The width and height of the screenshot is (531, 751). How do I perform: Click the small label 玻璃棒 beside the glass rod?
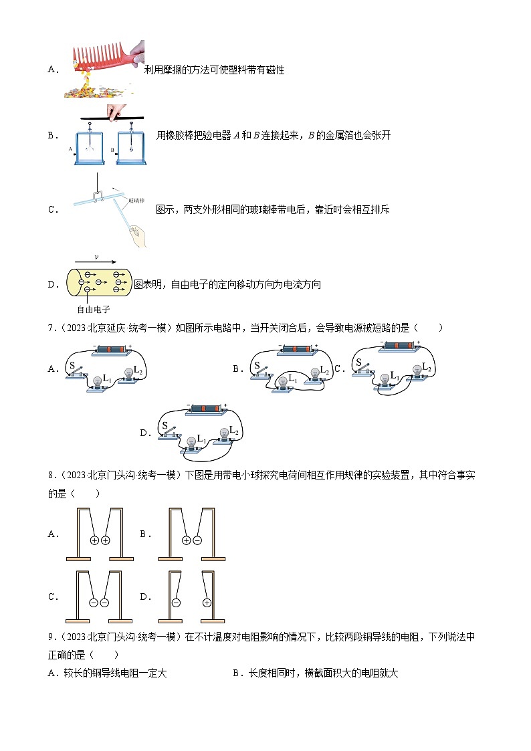coord(138,199)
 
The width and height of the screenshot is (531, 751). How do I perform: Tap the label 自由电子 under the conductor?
coord(93,309)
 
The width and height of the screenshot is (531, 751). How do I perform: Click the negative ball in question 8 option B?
coord(197,540)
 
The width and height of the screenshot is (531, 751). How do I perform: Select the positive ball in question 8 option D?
coord(207,603)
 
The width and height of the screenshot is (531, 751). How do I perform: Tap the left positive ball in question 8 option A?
coord(94,540)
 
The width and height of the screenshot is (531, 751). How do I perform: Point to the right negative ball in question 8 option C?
coord(105,603)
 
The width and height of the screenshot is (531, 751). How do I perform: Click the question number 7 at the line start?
coord(51,328)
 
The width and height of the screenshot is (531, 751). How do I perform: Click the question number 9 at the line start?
coord(51,637)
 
